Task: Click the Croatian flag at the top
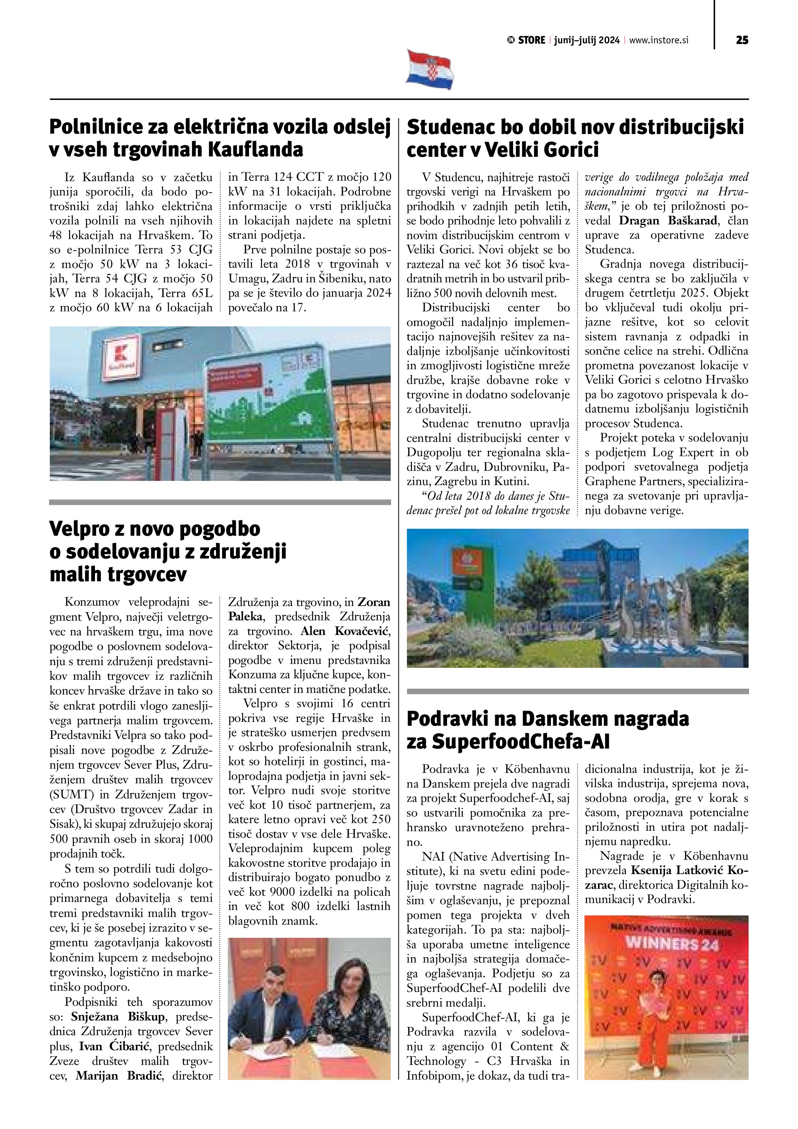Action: (429, 70)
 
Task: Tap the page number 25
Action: (742, 40)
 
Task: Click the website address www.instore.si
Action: (659, 40)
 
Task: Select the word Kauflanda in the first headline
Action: (256, 149)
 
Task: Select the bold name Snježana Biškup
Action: (118, 1016)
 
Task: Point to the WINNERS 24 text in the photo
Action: (671, 944)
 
